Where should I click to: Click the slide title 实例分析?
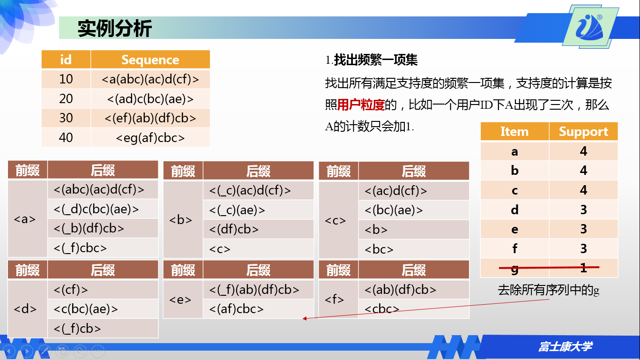click(x=115, y=29)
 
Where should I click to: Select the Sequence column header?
click(x=150, y=60)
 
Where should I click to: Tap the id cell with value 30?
click(x=66, y=118)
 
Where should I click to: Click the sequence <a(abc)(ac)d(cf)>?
click(x=150, y=79)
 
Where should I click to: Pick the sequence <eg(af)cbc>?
click(x=150, y=137)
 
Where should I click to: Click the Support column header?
click(x=583, y=132)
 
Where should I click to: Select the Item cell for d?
click(x=514, y=210)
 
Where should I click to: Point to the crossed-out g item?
click(x=514, y=268)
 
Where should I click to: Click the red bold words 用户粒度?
click(x=361, y=105)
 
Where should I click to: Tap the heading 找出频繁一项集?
click(x=375, y=60)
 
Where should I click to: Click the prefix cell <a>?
click(x=25, y=219)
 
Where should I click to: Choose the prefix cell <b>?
click(x=181, y=219)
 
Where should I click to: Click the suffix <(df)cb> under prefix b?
click(x=234, y=229)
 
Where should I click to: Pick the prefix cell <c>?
click(x=335, y=220)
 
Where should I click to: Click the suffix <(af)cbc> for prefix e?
click(x=236, y=309)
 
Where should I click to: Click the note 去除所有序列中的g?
click(x=548, y=290)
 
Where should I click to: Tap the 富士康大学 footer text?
click(x=565, y=347)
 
